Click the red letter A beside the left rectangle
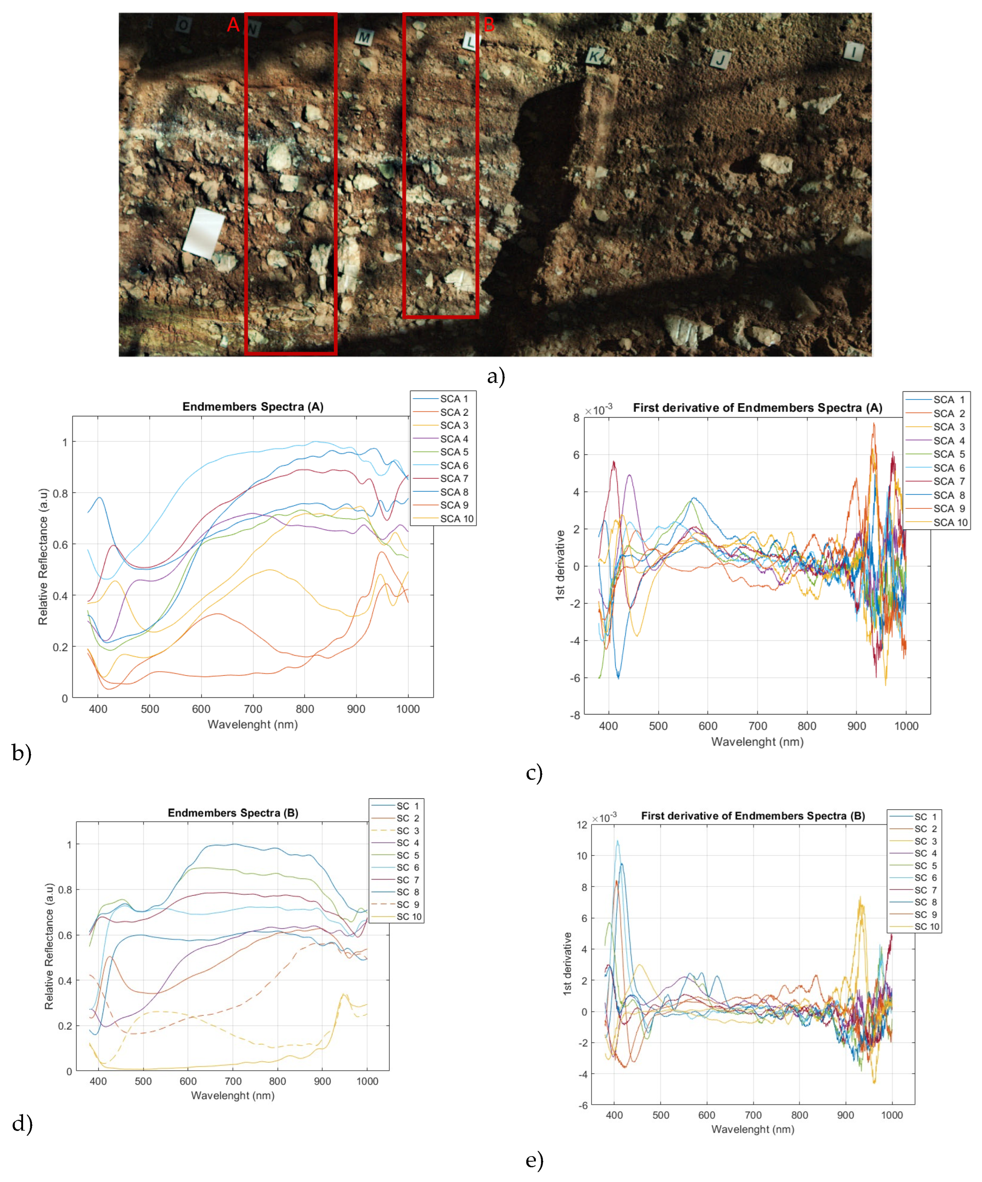pyautogui.click(x=233, y=25)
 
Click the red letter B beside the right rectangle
pyautogui.click(x=488, y=24)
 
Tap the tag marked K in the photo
pyautogui.click(x=595, y=56)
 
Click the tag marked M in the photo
pyautogui.click(x=364, y=38)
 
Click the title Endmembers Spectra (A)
pyautogui.click(x=253, y=407)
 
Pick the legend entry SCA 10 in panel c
pyautogui.click(x=950, y=522)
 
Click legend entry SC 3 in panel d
pyautogui.click(x=407, y=831)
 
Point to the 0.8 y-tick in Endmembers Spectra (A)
pyautogui.click(x=60, y=493)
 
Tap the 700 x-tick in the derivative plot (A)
pyautogui.click(x=757, y=726)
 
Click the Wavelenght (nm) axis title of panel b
pyautogui.click(x=253, y=724)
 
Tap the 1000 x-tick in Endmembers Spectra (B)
pyautogui.click(x=367, y=1081)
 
